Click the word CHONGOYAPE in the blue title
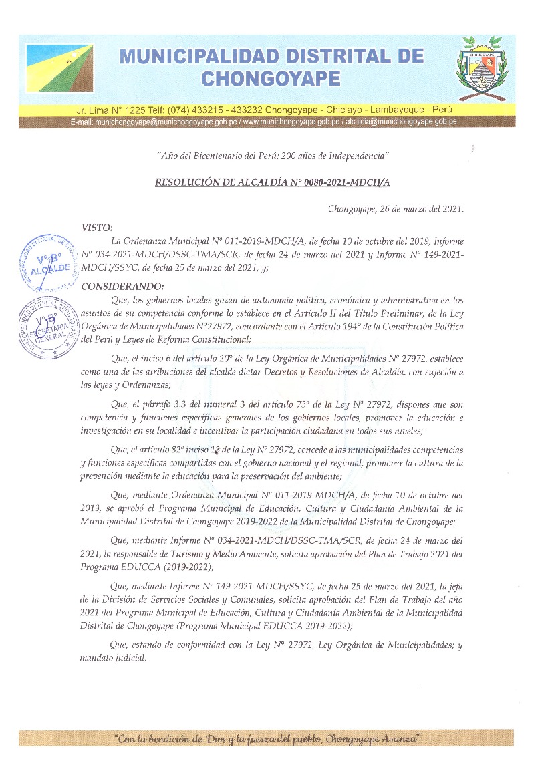coord(271,80)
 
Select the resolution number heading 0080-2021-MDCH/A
coord(273,182)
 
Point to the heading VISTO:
coord(97,228)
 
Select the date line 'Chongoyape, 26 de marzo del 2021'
coord(395,209)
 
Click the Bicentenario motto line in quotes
coord(272,156)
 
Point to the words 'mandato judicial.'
coord(113,658)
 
